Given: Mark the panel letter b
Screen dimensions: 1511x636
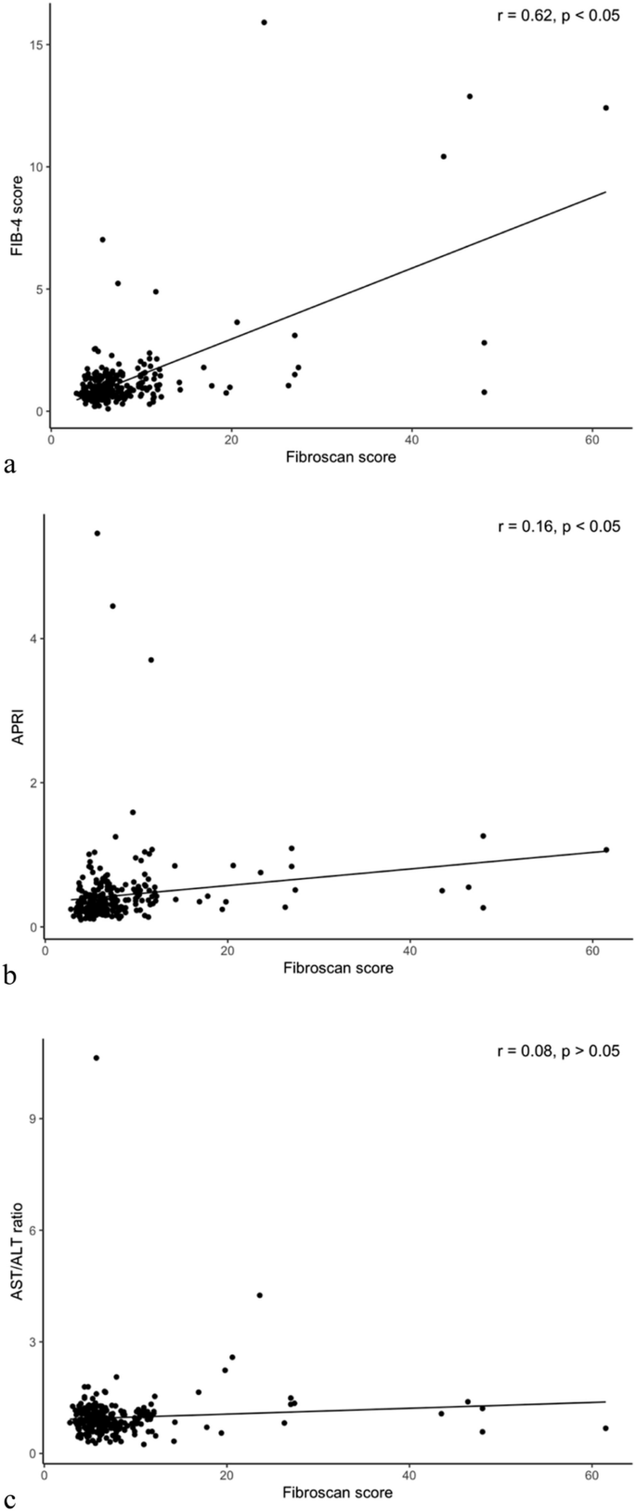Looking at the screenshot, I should click(9, 976).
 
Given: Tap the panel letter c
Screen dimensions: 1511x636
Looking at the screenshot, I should click(9, 1496).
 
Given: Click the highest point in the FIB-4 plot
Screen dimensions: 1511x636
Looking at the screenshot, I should click(264, 22).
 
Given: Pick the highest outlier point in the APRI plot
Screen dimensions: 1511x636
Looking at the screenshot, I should click(97, 533).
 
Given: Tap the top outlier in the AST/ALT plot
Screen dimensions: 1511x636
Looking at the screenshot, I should click(97, 1057).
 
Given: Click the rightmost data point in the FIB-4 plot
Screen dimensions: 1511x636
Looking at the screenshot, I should click(605, 108).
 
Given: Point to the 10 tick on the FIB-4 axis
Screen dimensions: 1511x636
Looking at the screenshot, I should click(35, 167).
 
